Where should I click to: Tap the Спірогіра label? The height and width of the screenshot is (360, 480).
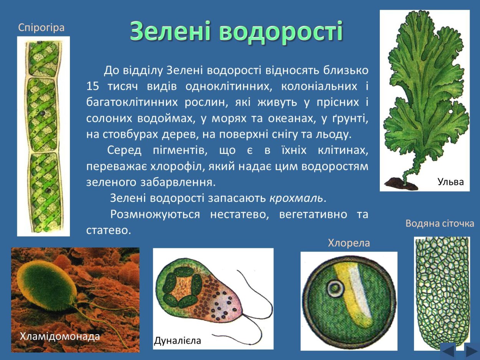click(x=41, y=28)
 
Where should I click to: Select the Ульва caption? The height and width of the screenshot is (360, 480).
click(x=451, y=182)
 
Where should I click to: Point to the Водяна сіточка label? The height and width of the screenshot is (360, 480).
click(x=440, y=223)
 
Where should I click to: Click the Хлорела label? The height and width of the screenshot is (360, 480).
click(x=349, y=243)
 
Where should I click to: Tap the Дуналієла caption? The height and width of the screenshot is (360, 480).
click(x=177, y=340)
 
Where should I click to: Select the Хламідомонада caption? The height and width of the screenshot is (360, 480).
click(x=60, y=337)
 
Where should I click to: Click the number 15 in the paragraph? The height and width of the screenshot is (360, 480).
click(x=93, y=86)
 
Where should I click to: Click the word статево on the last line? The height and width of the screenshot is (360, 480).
click(x=108, y=230)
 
